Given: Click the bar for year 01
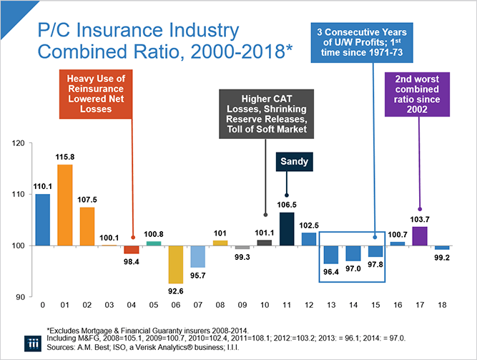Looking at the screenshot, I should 65,205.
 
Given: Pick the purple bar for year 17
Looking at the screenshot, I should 420,236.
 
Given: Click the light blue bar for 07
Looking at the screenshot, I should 198,256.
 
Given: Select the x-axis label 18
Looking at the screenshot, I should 442,306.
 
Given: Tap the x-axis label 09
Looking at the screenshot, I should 242,306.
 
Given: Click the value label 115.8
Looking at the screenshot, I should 65,157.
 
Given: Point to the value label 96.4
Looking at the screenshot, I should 331,273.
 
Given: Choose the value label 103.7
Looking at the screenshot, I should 420,218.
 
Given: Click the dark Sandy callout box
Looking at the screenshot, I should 291,162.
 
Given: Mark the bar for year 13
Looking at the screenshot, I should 331,255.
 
